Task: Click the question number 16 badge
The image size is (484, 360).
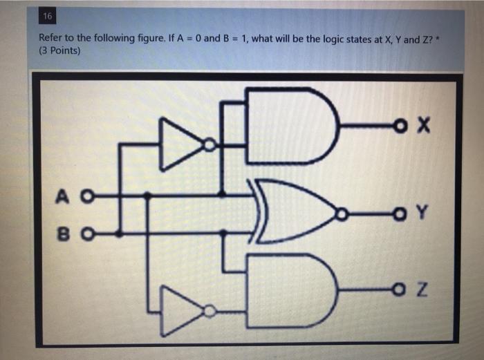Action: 47,17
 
